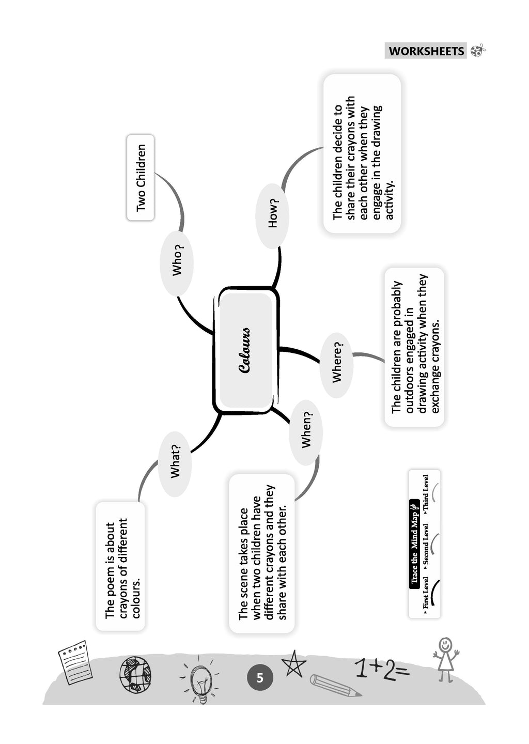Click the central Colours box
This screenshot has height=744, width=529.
[x=246, y=350]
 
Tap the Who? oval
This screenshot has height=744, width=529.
[x=177, y=263]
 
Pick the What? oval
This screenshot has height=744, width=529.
[x=175, y=463]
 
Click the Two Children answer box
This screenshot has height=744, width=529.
[x=141, y=178]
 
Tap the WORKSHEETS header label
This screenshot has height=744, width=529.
[x=426, y=51]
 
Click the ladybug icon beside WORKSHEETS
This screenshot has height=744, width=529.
[x=478, y=51]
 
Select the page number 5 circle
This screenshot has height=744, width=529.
[x=259, y=677]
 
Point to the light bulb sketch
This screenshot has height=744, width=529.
[x=199, y=680]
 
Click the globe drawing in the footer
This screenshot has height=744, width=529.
[x=135, y=674]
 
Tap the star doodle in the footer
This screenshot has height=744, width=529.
[x=293, y=663]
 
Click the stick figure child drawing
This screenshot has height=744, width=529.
[x=445, y=659]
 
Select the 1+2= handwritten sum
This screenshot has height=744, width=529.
[x=381, y=669]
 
